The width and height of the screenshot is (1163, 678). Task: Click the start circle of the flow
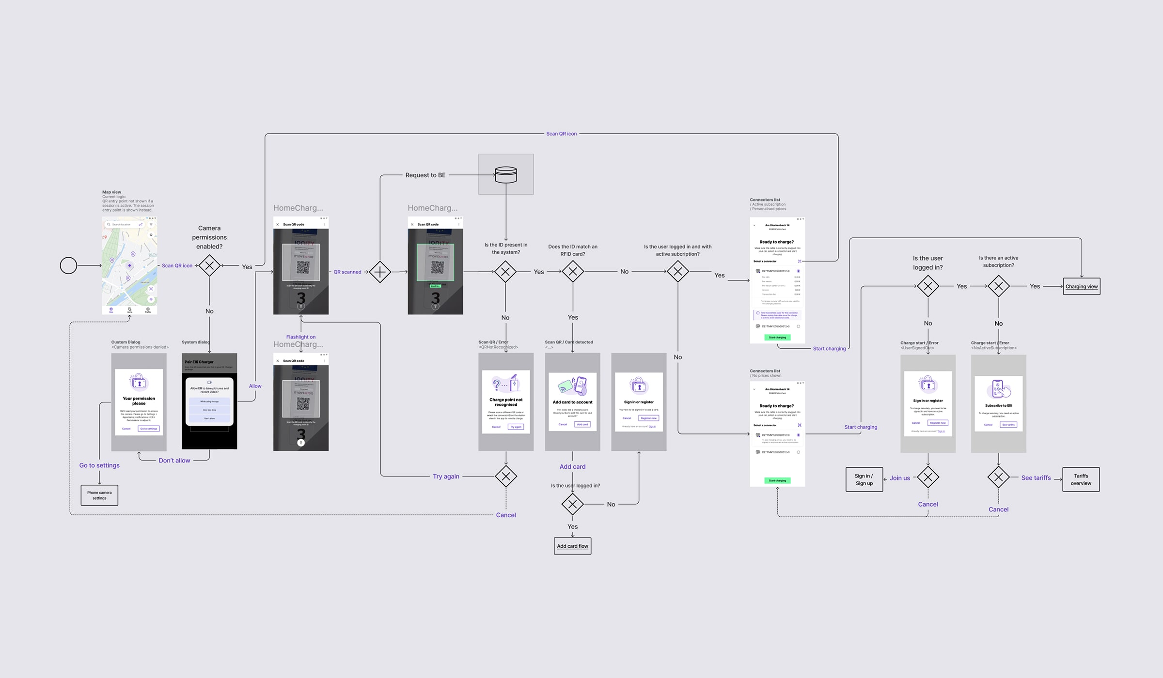point(68,265)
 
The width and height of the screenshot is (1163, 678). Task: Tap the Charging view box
point(1081,286)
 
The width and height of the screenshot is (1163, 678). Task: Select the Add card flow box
point(572,546)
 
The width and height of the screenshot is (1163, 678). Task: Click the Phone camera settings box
point(99,495)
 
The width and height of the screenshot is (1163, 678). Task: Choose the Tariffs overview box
point(1081,479)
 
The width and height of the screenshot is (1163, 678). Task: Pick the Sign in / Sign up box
point(864,479)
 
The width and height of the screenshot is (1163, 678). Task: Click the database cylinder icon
point(506,174)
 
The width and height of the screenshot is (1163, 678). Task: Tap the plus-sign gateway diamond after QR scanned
point(380,272)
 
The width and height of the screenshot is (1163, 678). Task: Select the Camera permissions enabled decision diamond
point(209,265)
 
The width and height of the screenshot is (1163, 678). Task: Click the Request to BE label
point(425,175)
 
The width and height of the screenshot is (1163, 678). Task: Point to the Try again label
point(446,476)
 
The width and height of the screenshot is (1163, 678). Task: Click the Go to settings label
point(99,465)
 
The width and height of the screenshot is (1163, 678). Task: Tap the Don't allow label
point(174,460)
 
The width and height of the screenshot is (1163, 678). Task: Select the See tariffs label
point(1036,478)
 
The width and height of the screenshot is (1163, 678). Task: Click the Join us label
point(899,478)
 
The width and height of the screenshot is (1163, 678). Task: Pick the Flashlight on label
point(300,337)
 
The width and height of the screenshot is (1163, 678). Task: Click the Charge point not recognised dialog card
point(505,401)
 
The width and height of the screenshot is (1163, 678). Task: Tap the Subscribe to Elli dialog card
point(998,403)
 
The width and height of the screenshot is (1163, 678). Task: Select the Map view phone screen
point(129,265)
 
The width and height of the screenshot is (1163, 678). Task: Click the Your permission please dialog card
point(139,401)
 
